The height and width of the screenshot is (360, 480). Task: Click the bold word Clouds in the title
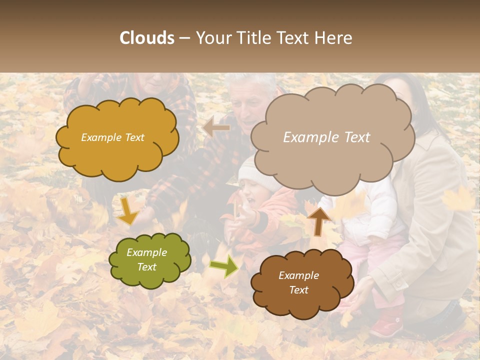pyautogui.click(x=147, y=38)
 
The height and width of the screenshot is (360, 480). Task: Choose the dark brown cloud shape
pyautogui.click(x=300, y=300)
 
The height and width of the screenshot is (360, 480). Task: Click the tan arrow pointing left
pyautogui.click(x=216, y=127)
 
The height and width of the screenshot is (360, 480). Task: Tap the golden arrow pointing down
pyautogui.click(x=127, y=210)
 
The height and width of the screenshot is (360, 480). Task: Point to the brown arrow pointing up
pyautogui.click(x=318, y=220)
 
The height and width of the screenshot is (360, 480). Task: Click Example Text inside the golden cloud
pyautogui.click(x=112, y=137)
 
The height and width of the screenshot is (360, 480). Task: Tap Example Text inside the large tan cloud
pyautogui.click(x=326, y=137)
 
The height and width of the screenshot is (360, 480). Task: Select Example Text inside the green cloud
pyautogui.click(x=146, y=259)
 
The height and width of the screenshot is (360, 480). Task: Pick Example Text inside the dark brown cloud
pyautogui.click(x=298, y=282)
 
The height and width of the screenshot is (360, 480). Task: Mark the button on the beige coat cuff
pyautogui.click(x=399, y=284)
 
